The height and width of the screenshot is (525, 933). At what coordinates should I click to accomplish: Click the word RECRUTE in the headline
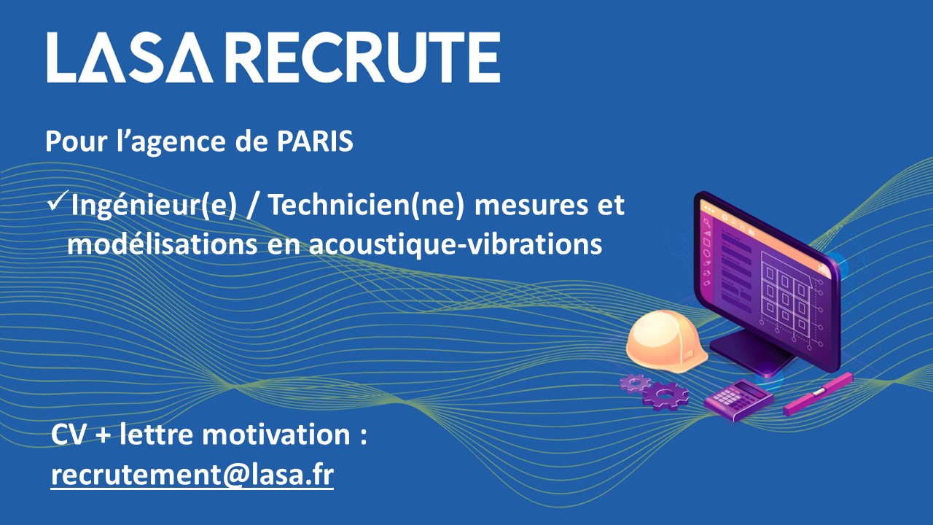365,58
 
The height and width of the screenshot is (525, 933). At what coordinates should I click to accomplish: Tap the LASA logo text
130,58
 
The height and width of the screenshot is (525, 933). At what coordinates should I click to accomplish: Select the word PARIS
316,141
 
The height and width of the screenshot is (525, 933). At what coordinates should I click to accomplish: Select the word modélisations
162,244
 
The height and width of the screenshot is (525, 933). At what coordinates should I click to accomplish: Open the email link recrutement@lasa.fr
192,475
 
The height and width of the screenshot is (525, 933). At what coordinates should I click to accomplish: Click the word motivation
276,435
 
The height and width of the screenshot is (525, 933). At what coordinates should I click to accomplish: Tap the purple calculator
738,400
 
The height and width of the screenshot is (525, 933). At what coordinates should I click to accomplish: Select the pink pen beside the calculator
818,394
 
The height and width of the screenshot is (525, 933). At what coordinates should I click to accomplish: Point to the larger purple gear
665,395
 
